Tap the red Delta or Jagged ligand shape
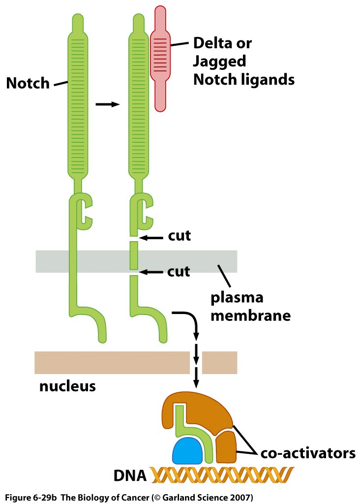pos(160,59)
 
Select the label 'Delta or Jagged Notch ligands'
pos(243,61)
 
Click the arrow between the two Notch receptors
pos(107,104)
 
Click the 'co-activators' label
pos(307,452)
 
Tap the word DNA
pos(130,476)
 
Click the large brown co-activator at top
pos(202,411)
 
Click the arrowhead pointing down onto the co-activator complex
pos(196,382)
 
